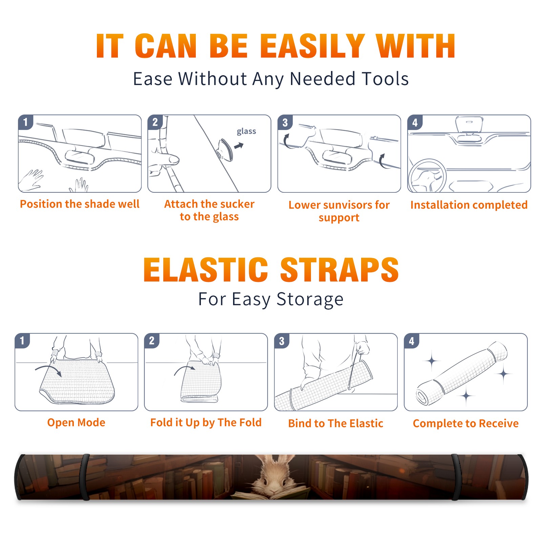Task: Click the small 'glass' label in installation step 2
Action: (x=246, y=131)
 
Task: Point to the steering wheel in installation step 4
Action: (x=427, y=175)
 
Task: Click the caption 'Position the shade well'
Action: (x=80, y=204)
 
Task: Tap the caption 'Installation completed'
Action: (x=469, y=205)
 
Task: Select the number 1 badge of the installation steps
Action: (x=25, y=122)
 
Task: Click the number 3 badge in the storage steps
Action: (x=282, y=341)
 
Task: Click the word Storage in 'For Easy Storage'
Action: (x=310, y=299)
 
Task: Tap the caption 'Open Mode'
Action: (x=76, y=422)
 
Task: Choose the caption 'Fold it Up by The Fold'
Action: (x=206, y=422)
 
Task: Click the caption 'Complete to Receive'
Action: (x=466, y=423)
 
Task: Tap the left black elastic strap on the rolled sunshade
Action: (x=85, y=477)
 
